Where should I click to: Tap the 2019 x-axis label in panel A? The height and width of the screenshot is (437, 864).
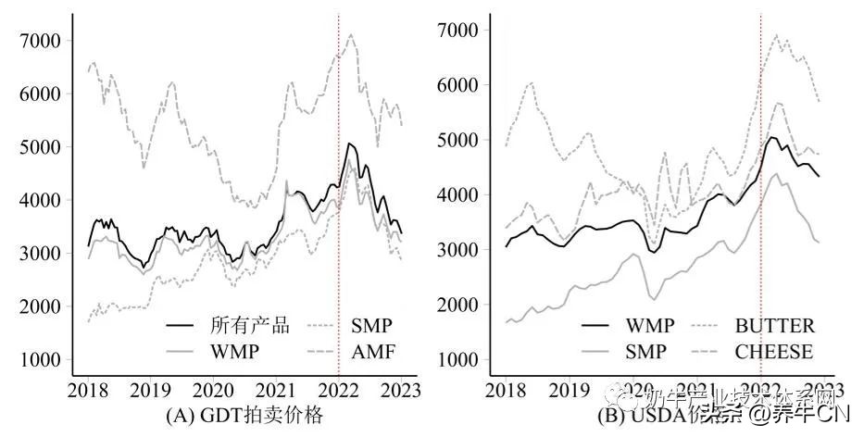(x=149, y=389)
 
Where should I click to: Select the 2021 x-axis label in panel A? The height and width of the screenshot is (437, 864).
(x=275, y=389)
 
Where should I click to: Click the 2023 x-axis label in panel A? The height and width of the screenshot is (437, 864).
(x=401, y=389)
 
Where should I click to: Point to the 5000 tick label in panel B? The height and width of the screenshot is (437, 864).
(x=459, y=140)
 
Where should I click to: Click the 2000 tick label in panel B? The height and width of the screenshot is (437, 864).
(x=459, y=305)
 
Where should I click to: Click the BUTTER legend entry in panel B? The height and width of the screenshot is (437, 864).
(x=776, y=325)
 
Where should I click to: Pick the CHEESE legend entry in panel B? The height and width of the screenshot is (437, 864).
(x=774, y=352)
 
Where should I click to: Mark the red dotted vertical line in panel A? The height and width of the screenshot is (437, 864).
(x=338, y=231)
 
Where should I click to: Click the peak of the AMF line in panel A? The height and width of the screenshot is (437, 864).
(x=350, y=35)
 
